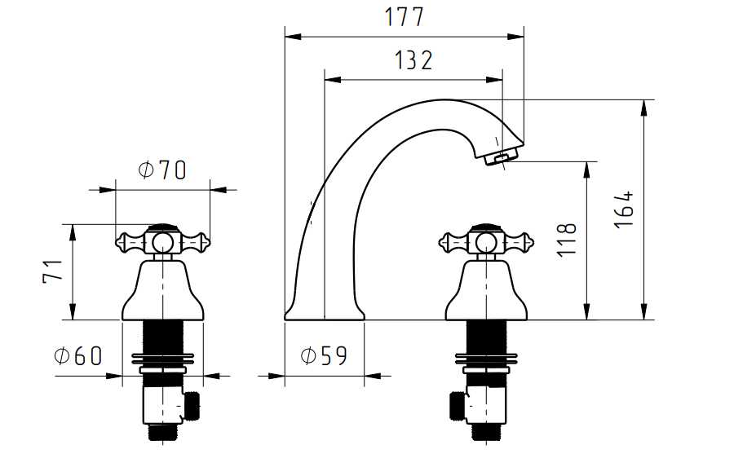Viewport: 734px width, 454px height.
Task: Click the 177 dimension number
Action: coord(405,17)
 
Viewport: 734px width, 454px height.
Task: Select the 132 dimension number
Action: coord(413,60)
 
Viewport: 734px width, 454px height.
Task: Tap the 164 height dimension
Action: coord(624,209)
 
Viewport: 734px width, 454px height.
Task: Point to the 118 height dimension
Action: coord(567,240)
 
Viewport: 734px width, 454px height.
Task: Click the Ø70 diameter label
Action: coord(162,170)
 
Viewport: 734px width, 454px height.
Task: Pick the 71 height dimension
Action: coord(52,271)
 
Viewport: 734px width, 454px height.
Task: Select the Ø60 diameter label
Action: coord(77,355)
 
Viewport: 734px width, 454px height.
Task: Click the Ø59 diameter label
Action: coord(324,355)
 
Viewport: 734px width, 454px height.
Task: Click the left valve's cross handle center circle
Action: coord(162,242)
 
